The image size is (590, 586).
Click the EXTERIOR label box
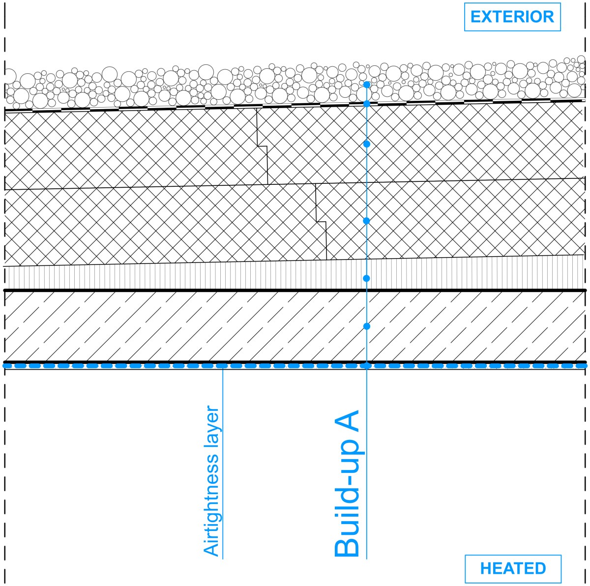(512, 17)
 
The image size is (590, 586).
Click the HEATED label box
(513, 569)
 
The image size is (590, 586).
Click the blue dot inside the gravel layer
(366, 85)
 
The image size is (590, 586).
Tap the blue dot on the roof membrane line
(366, 104)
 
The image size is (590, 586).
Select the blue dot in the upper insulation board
(366, 144)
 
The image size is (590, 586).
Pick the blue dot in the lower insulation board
(366, 221)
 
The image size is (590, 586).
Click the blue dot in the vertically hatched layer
(366, 278)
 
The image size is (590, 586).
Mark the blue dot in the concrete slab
(366, 326)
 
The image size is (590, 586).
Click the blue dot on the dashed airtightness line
(366, 366)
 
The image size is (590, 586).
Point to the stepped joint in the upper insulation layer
(262, 146)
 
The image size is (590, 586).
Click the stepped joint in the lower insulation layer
(321, 222)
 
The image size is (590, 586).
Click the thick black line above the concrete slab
(295, 290)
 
